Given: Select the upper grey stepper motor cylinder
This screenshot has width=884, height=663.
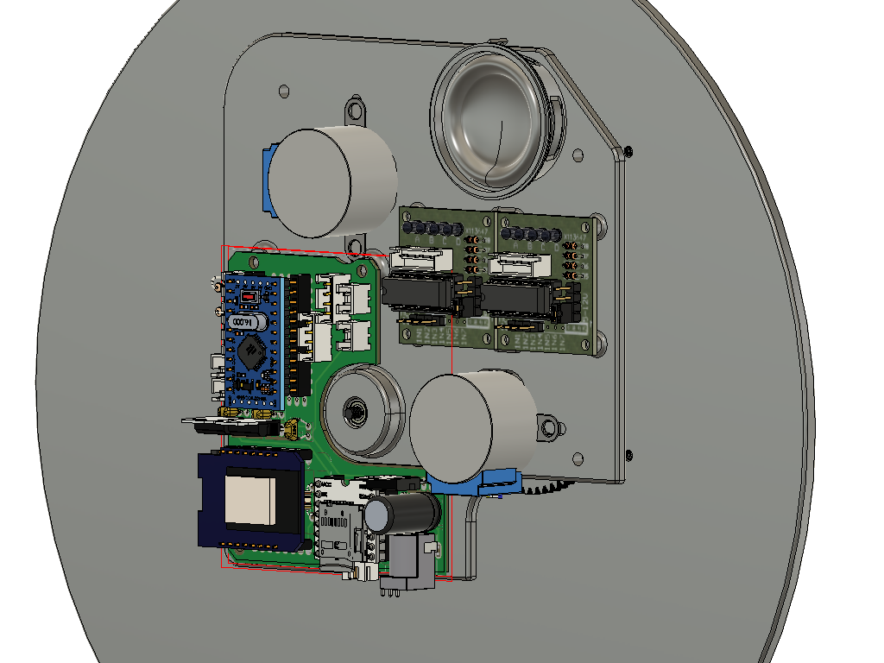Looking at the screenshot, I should click(x=332, y=181).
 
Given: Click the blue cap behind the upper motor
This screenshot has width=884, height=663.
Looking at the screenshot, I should click(x=267, y=180).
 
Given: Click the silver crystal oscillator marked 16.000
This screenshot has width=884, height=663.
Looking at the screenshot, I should click(x=249, y=322).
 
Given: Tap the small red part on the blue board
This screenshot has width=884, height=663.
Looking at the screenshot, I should click(x=249, y=296).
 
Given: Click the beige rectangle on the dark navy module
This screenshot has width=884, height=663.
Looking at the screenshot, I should click(x=250, y=502).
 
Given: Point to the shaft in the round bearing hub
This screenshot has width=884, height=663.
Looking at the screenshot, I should click(x=354, y=409).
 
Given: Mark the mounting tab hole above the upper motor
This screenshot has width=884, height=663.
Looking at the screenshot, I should click(x=354, y=110).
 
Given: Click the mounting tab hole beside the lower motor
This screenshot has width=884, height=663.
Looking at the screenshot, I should click(x=546, y=426).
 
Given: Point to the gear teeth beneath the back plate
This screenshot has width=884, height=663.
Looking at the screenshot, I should click(x=546, y=489).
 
